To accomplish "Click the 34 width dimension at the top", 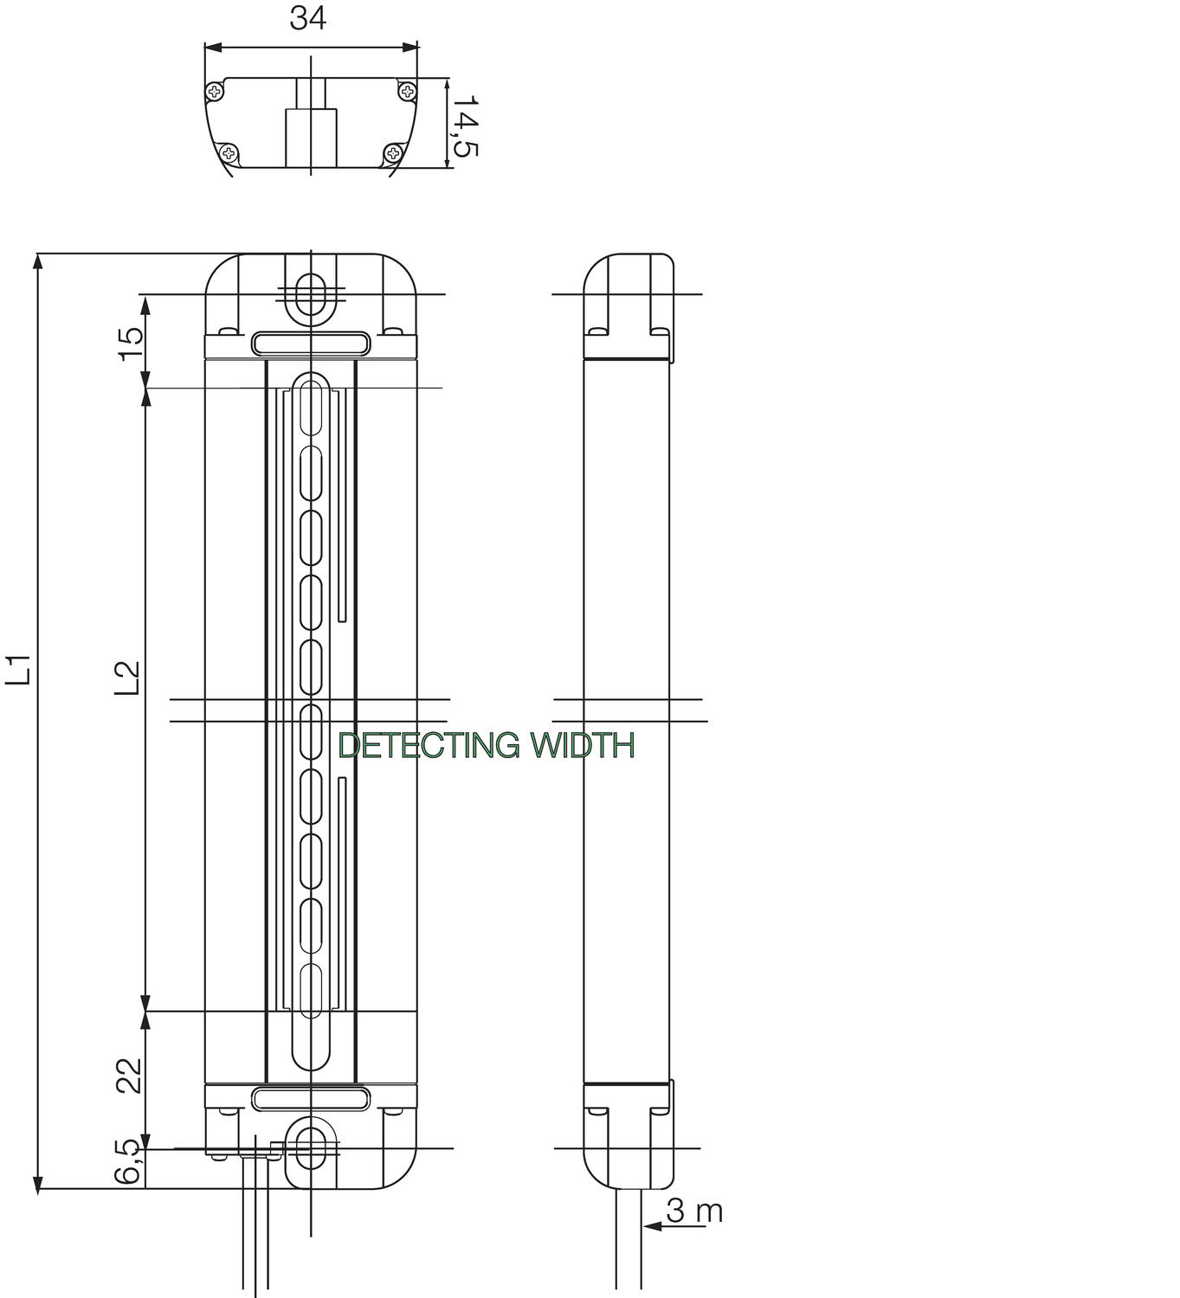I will [307, 17].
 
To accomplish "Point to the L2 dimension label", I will [127, 678].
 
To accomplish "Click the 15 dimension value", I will [130, 346].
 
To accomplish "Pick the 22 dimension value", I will [130, 1076].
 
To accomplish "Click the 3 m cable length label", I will [694, 1211].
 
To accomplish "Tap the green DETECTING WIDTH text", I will [486, 745].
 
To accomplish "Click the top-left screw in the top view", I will [214, 91].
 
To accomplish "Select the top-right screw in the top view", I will [407, 90].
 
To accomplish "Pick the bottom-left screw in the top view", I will [229, 153].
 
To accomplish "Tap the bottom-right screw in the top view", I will [393, 153].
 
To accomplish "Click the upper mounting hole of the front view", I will [309, 295].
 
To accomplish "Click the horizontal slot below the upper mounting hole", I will [311, 344].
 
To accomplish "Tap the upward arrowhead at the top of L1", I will [37, 261].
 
